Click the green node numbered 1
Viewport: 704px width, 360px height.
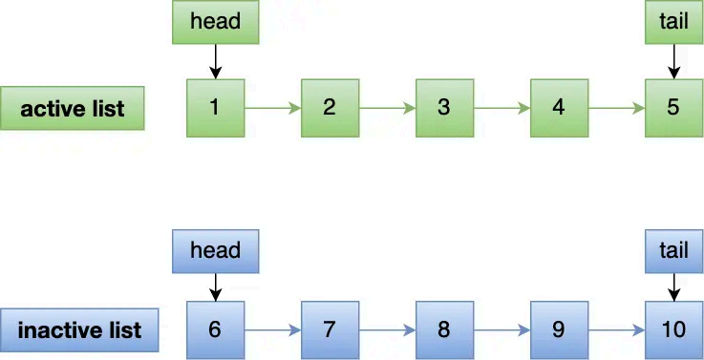click(215, 107)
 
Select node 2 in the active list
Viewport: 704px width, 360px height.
click(330, 107)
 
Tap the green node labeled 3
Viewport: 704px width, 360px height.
click(444, 107)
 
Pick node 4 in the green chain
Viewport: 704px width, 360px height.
click(559, 107)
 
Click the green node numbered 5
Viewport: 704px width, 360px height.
click(673, 107)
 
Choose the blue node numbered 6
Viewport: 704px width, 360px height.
click(215, 329)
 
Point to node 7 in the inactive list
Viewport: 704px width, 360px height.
click(330, 329)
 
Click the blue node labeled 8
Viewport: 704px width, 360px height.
click(444, 329)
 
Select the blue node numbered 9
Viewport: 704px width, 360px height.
click(559, 329)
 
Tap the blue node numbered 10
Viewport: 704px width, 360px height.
click(673, 329)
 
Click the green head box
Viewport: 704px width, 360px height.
click(215, 21)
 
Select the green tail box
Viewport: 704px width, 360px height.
click(673, 21)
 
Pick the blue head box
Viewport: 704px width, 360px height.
click(215, 250)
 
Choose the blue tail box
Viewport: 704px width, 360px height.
click(673, 250)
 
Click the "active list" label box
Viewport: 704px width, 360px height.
click(73, 108)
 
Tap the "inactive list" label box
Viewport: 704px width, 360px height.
click(79, 330)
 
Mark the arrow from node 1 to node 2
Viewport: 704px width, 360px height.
click(272, 108)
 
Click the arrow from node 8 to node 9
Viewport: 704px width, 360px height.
click(501, 330)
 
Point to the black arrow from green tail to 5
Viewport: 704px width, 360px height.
click(673, 60)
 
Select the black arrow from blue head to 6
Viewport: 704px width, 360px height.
click(215, 285)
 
